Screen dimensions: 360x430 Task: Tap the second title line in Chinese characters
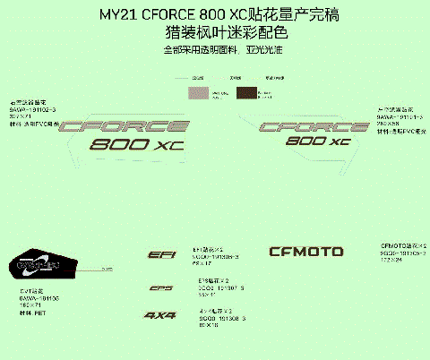pyautogui.click(x=215, y=33)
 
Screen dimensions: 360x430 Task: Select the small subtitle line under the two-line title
pyautogui.click(x=215, y=50)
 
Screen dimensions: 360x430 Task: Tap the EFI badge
pyautogui.click(x=161, y=256)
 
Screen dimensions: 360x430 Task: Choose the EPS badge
pyautogui.click(x=161, y=287)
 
